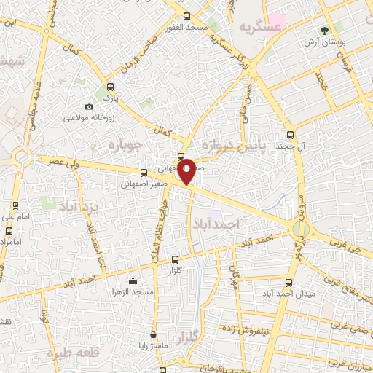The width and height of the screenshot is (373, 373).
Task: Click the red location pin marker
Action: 187,171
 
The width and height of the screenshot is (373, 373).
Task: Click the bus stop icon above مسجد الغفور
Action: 186,16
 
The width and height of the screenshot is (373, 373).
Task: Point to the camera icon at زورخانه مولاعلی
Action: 89,107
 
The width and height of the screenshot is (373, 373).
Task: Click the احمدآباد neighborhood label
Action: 217,225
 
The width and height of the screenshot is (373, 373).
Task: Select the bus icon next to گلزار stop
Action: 175,259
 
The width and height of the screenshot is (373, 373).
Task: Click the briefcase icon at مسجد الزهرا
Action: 133,281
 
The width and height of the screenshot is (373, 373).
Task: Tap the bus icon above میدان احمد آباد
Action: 289,283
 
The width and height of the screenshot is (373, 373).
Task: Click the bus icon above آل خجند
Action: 291,135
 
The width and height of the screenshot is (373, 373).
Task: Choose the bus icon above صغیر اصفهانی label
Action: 144,173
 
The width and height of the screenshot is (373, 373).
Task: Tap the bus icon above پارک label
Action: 109,85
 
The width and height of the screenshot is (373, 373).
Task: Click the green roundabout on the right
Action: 299,229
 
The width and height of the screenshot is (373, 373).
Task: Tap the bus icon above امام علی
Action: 12,205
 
